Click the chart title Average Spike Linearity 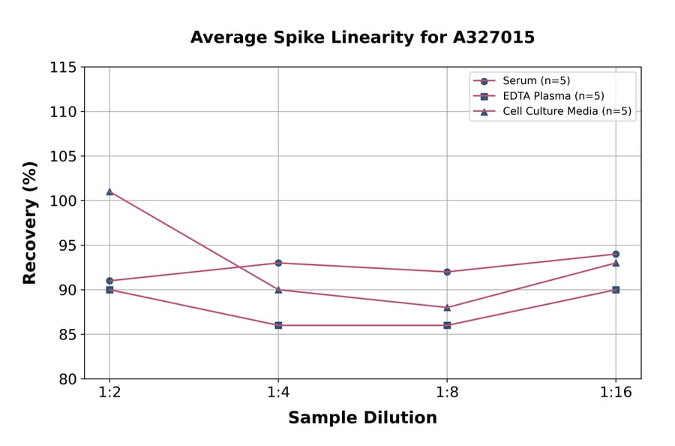click(362, 38)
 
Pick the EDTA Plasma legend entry click(542, 96)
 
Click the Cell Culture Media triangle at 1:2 click(109, 191)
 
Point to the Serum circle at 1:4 click(278, 263)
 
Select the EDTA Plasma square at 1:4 click(278, 325)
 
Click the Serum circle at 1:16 click(616, 254)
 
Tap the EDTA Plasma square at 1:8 click(447, 325)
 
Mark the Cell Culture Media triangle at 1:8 click(447, 307)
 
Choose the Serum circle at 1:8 click(447, 272)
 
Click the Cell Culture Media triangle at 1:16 click(616, 263)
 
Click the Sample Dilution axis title click(362, 418)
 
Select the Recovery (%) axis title click(30, 223)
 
